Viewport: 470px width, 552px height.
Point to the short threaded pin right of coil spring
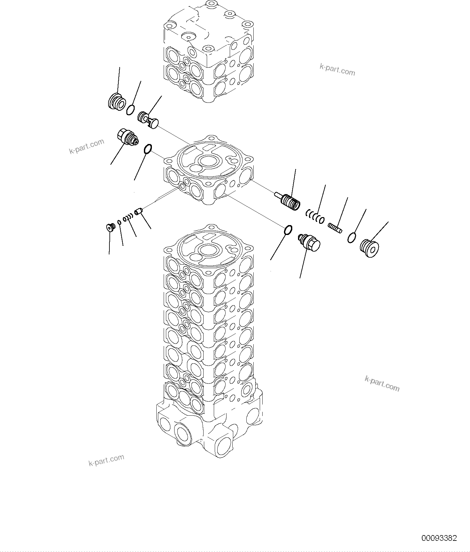pyautogui.click(x=335, y=228)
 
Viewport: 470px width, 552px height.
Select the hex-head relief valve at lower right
pyautogui.click(x=309, y=242)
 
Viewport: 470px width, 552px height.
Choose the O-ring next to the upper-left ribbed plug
pyautogui.click(x=130, y=110)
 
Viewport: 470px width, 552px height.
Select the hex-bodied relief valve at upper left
pyautogui.click(x=127, y=138)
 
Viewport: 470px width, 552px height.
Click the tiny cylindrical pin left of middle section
pyautogui.click(x=138, y=211)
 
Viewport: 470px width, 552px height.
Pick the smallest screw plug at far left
pyautogui.click(x=110, y=227)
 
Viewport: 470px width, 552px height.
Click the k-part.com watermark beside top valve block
pyautogui.click(x=337, y=70)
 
